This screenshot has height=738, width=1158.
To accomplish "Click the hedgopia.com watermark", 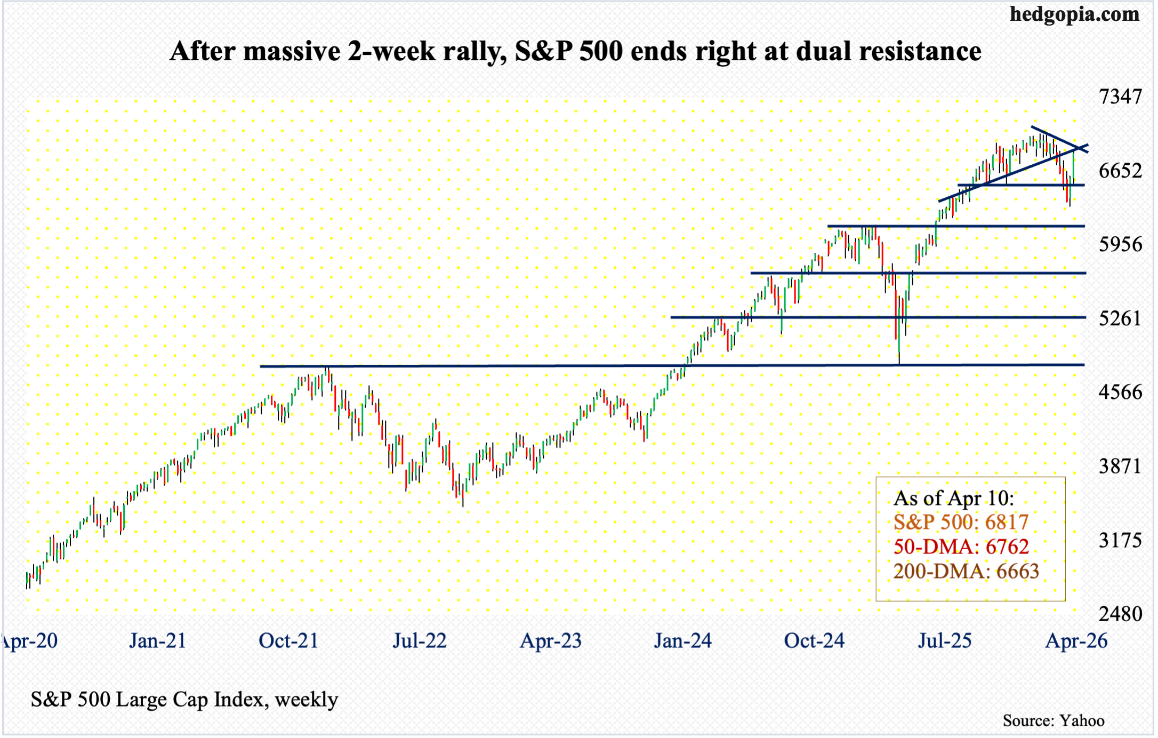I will [1074, 14].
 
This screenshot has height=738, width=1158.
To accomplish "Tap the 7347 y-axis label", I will [1120, 97].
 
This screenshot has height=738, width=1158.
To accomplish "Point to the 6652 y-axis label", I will [1120, 171].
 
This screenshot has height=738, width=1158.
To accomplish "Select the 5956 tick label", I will [1120, 245].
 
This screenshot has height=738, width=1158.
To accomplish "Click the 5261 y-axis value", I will [1120, 319].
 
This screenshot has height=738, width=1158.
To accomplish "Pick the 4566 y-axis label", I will [1120, 392].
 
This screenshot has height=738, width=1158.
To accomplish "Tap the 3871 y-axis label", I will [1120, 467].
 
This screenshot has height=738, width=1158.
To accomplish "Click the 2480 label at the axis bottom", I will [1120, 614].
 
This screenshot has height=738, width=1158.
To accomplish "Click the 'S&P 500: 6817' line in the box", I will [961, 523].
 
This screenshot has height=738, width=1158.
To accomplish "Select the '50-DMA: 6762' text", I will [961, 547].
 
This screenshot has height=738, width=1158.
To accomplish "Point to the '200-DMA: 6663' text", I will [966, 572].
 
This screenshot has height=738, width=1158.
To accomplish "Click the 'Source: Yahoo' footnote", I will [1053, 721].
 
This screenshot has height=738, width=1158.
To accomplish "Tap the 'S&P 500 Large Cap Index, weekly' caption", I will [184, 700].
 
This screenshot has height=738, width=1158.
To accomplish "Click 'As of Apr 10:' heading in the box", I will [953, 498].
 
